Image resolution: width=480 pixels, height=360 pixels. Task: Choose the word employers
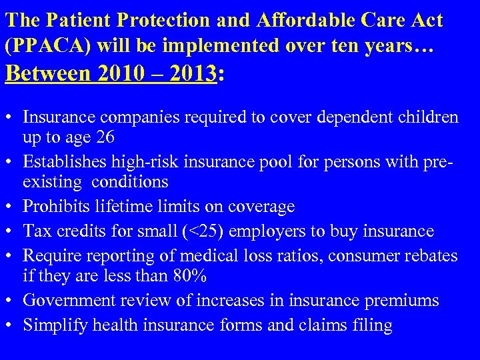click(262, 231)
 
